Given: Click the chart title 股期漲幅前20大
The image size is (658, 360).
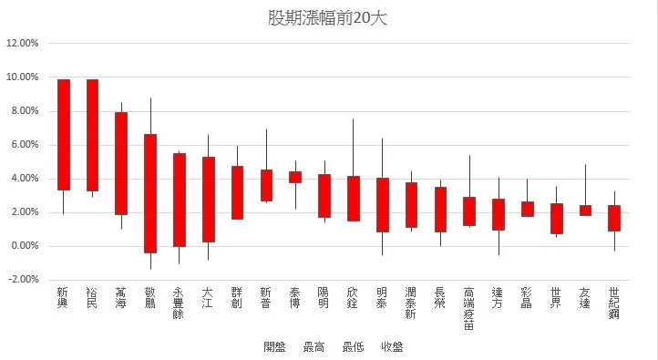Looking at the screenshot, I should click(328, 17).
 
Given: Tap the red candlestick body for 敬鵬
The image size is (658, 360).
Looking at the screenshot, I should click(150, 193).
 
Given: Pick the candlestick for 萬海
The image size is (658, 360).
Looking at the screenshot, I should click(121, 163).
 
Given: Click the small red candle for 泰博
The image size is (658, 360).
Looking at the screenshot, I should click(295, 177).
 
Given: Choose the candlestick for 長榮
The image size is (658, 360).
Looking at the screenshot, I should click(440, 210).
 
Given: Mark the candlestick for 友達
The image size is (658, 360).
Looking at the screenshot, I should click(585, 211).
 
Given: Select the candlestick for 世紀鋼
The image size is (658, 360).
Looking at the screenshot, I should click(614, 218).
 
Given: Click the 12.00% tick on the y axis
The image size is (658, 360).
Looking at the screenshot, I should click(23, 44).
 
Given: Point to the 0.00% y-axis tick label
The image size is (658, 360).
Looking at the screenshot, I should click(25, 246).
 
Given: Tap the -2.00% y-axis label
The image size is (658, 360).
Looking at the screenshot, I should click(24, 280).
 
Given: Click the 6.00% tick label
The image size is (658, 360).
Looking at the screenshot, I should click(25, 145).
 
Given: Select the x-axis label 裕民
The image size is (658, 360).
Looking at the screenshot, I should click(92, 296).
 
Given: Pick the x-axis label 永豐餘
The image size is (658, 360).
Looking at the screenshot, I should click(179, 302).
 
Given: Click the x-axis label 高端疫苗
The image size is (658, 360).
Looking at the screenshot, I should click(468, 307).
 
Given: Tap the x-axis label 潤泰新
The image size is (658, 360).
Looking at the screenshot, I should click(411, 302).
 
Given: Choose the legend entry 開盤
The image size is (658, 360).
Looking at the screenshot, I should click(274, 346).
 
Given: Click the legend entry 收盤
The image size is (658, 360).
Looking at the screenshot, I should click(393, 346).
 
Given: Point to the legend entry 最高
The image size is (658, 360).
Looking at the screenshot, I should click(314, 346).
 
